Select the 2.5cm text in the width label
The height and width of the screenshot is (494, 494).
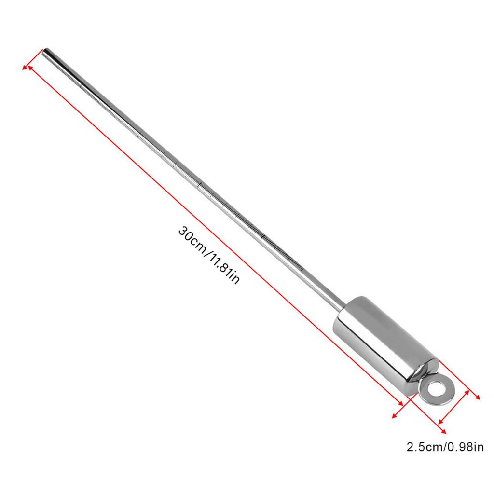tap(423, 447)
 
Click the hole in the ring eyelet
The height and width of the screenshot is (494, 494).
tap(436, 389)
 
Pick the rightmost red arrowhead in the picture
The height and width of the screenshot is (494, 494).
tap(478, 397)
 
